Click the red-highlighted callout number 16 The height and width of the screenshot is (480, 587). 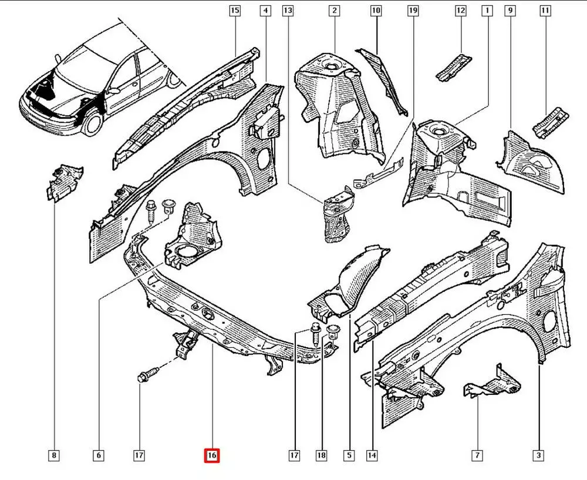(x=211, y=455)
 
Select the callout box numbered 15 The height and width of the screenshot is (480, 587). (x=235, y=11)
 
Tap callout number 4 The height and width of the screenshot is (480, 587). (x=266, y=11)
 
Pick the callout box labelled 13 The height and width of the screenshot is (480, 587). (x=288, y=11)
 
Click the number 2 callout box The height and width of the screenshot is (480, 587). (x=334, y=11)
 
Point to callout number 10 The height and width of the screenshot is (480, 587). (x=376, y=11)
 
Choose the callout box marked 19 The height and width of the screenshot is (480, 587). (x=413, y=11)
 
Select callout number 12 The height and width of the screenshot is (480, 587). (x=461, y=11)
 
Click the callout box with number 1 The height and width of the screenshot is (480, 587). (x=487, y=11)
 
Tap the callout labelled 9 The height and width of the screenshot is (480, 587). (x=510, y=11)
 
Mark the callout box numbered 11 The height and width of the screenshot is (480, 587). (x=546, y=11)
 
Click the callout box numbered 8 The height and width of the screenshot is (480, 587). (x=54, y=455)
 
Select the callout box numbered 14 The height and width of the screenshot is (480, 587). (x=372, y=455)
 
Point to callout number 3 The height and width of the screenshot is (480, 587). (x=538, y=455)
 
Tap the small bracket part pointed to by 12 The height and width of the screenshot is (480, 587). (x=454, y=66)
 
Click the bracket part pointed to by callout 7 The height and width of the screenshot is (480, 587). (x=492, y=385)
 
